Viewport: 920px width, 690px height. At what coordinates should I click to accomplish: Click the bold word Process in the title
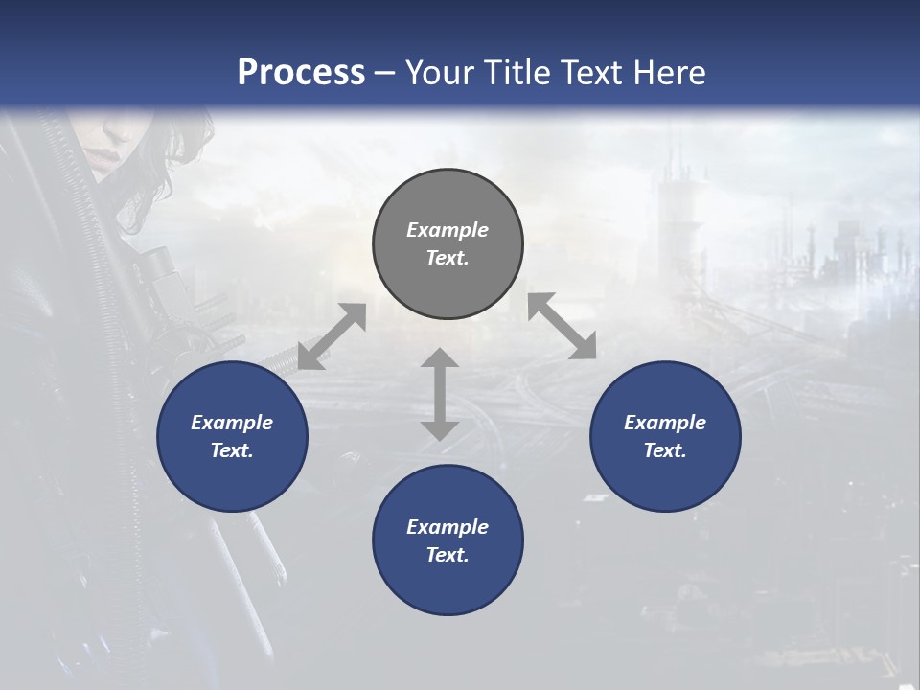click(x=301, y=73)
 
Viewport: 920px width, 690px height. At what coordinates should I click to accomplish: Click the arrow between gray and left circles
click(x=332, y=336)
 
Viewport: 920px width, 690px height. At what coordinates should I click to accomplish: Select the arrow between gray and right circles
click(x=562, y=326)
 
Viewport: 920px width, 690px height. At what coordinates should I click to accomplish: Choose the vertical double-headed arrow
click(x=440, y=394)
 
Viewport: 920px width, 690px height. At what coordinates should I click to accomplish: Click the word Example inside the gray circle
click(x=448, y=230)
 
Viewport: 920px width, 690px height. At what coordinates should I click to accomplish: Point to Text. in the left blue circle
click(x=232, y=450)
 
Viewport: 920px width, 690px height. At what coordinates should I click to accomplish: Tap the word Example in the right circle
click(x=665, y=423)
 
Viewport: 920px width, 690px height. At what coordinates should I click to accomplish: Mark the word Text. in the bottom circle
click(x=448, y=555)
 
